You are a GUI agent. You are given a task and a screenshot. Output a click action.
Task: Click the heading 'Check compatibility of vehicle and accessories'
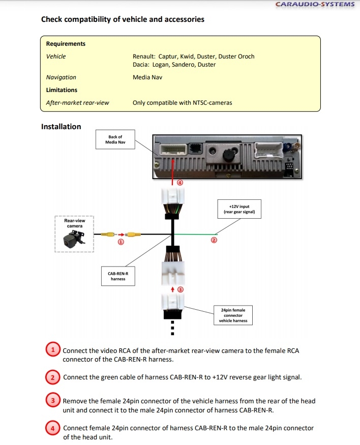[123, 19]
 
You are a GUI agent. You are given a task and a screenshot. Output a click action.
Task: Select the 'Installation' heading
[61, 127]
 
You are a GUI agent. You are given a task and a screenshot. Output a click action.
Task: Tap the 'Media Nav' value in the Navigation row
[148, 77]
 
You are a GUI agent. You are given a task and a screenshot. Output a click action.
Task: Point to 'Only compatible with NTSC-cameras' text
[182, 103]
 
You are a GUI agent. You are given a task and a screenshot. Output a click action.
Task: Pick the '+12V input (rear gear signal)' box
[239, 209]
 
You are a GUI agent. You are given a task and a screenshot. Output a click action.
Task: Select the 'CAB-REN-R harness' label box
[118, 276]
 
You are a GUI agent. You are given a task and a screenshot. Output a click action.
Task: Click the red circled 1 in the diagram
[121, 243]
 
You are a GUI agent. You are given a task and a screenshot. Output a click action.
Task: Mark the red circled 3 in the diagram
[179, 289]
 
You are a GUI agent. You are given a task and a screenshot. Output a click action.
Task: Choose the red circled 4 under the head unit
[179, 183]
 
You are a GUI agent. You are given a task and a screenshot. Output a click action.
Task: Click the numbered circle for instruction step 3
[53, 401]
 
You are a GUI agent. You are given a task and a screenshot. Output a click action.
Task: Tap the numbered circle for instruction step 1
[53, 350]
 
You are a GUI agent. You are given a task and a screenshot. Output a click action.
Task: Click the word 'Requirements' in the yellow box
[66, 44]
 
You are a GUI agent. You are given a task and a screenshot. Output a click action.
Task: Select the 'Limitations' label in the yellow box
[62, 90]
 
